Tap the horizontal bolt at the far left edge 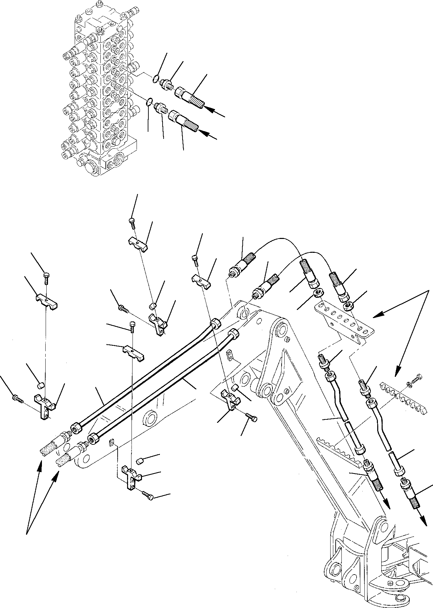pos(18,399)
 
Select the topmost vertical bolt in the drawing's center pos(132,221)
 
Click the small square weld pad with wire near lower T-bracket pos(113,443)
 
